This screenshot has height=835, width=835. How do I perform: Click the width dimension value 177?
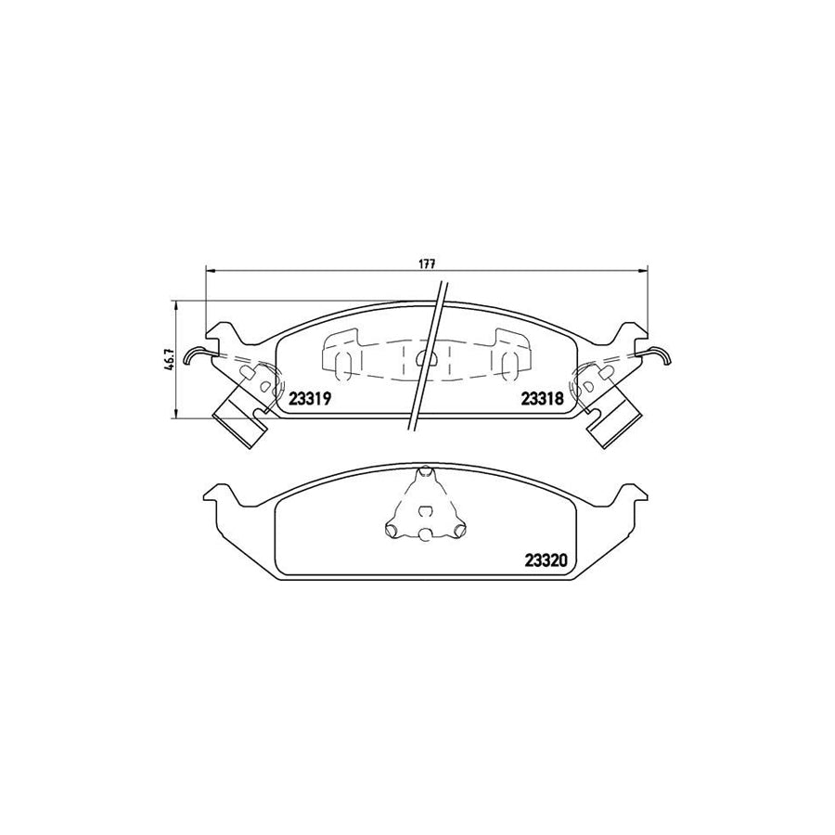coord(426,263)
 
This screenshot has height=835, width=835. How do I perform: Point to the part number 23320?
coord(546,560)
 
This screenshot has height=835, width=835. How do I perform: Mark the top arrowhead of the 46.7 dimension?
coord(176,303)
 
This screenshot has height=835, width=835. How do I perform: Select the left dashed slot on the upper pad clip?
coord(340,365)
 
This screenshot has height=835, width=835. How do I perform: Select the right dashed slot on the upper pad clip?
coord(508,365)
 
